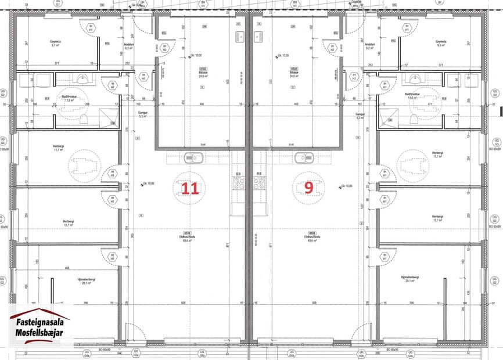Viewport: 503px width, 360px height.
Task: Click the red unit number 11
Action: coord(190,188)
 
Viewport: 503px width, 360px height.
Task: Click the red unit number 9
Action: coord(309,187)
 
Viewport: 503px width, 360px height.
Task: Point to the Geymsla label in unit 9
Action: coord(441,42)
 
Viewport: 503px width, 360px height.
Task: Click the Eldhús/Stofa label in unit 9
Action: coord(310,237)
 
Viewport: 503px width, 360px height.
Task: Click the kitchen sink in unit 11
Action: coord(192,157)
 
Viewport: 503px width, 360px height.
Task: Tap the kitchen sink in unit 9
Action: coord(303,157)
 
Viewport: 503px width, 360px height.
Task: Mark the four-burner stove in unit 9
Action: coord(258,183)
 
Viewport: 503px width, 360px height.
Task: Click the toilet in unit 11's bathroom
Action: coord(85,119)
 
